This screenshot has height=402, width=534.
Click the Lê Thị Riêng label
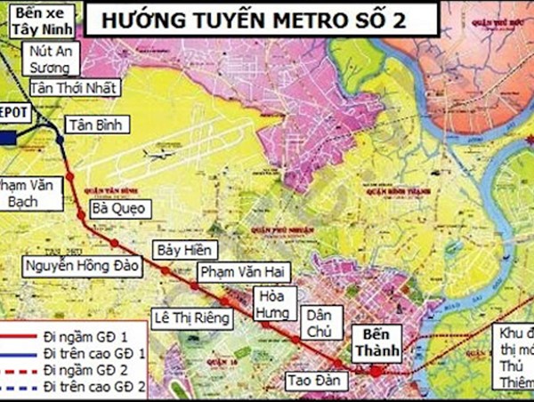[x=192, y=317]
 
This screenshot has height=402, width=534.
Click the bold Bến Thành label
[x=377, y=344]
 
